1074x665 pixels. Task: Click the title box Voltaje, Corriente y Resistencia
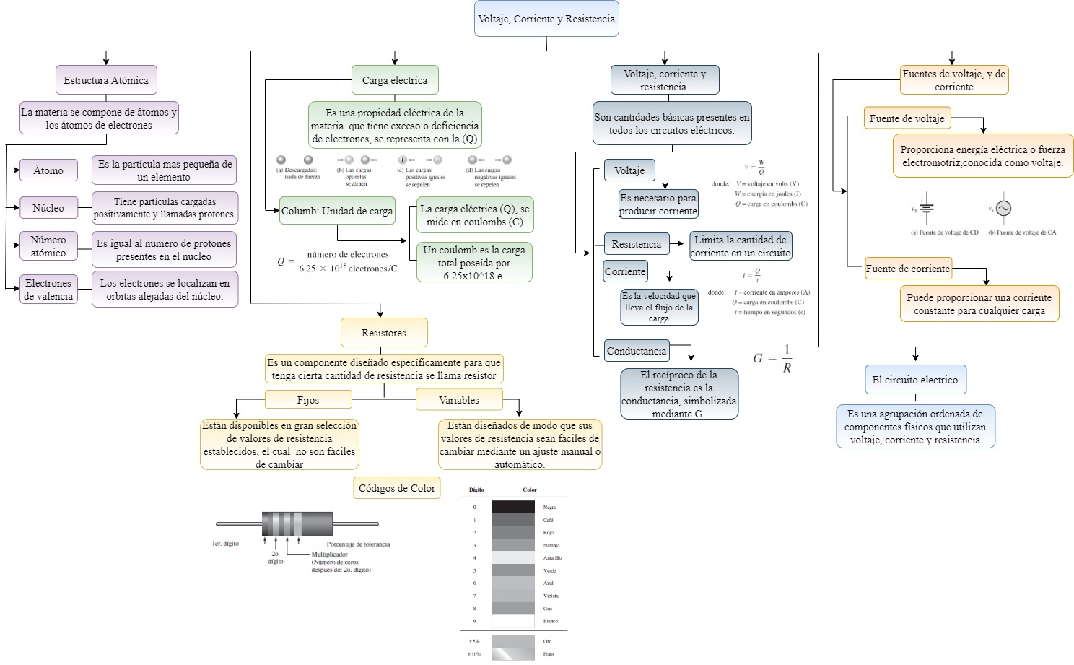(546, 19)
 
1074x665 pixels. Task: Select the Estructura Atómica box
(106, 80)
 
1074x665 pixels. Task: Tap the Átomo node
(48, 170)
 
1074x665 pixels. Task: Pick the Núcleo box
(48, 208)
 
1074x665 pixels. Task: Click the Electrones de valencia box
(48, 290)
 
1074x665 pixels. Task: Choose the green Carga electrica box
(395, 80)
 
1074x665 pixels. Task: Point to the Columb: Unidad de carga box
(337, 211)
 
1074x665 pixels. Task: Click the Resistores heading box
(384, 333)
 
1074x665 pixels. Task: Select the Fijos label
(308, 400)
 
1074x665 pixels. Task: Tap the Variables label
(459, 400)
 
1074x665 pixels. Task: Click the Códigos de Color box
(397, 488)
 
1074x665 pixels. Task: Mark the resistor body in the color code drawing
(297, 523)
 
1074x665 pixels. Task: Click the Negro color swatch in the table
(512, 507)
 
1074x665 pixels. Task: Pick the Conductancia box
(637, 351)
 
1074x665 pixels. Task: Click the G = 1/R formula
(772, 358)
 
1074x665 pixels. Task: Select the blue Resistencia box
(637, 244)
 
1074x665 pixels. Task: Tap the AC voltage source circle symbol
(1003, 209)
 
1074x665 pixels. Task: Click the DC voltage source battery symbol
(926, 208)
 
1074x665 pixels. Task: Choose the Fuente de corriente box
(908, 269)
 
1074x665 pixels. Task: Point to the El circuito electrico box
(915, 380)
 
